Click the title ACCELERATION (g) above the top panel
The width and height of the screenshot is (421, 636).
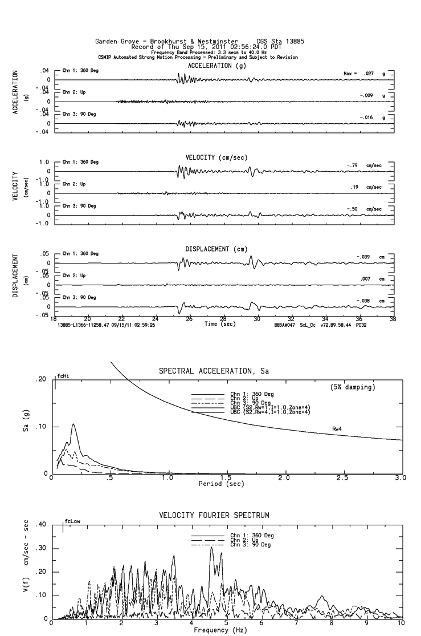(217, 66)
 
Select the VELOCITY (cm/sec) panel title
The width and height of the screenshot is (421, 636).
(217, 157)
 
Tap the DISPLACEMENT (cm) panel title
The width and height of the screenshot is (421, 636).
(217, 249)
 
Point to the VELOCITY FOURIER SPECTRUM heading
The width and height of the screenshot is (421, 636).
(222, 516)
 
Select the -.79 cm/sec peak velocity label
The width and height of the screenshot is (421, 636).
(363, 165)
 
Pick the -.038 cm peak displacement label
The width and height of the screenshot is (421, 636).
(365, 301)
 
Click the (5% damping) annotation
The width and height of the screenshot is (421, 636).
(353, 387)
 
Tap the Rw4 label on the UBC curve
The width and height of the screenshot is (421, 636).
(337, 428)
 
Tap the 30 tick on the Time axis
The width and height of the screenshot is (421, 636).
(257, 319)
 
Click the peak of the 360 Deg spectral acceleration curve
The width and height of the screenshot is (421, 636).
(73, 424)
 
